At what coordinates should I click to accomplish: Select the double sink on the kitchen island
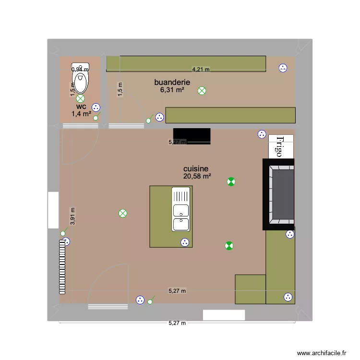click(181, 210)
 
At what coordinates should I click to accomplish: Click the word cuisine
click(196, 169)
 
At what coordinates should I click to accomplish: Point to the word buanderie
click(172, 82)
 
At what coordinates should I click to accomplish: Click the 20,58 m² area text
click(197, 177)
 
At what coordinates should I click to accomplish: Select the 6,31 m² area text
click(172, 89)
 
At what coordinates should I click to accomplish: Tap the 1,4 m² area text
click(81, 114)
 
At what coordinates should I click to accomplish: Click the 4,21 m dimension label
click(201, 69)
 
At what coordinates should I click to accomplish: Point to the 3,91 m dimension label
click(73, 216)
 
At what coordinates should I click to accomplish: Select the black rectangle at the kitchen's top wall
click(192, 136)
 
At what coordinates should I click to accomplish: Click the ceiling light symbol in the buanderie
click(202, 90)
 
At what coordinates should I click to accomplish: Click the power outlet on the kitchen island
click(184, 243)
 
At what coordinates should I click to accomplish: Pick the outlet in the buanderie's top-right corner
click(283, 68)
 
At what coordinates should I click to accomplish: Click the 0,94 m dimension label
click(80, 69)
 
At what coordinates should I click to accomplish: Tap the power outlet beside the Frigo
click(262, 134)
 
